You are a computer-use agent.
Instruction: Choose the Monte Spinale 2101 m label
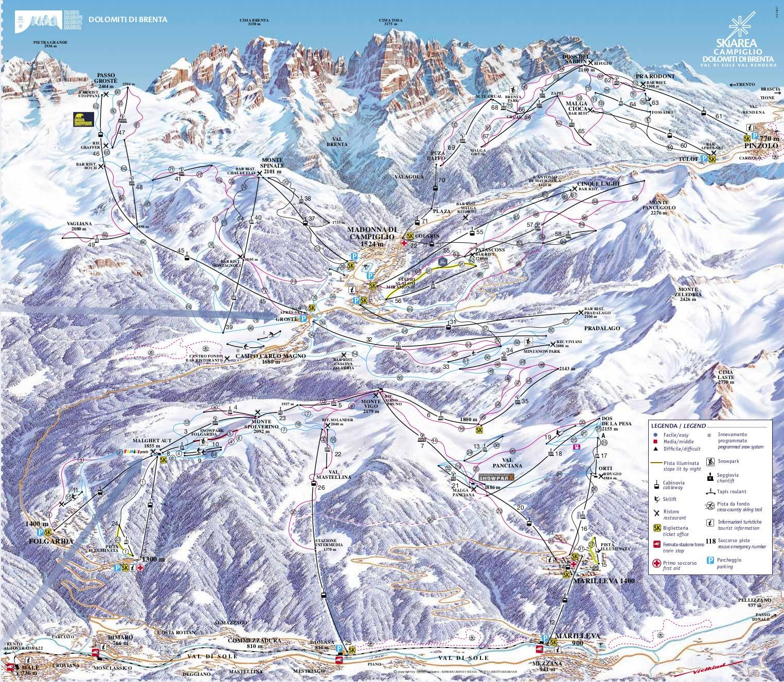tap(276, 166)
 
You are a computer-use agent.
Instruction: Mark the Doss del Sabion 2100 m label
tap(576, 66)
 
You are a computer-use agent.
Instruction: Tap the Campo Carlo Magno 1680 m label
tap(271, 358)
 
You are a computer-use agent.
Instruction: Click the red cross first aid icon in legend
tap(656, 563)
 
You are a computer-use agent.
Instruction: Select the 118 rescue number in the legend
tap(711, 541)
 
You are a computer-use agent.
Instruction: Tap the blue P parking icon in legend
tap(711, 560)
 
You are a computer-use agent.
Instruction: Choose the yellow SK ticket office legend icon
tap(656, 528)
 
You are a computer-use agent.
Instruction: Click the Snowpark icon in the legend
tap(710, 462)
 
